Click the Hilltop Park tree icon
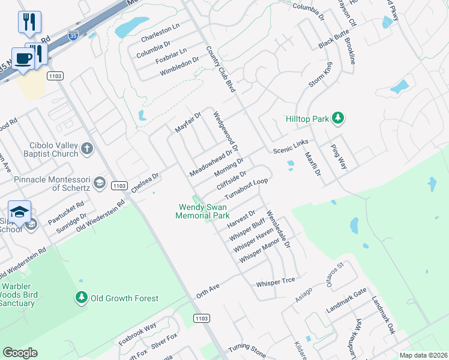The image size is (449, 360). tap(339, 118)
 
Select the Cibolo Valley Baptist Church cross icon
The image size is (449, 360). tap(87, 148)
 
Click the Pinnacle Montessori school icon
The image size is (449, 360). tap(99, 182)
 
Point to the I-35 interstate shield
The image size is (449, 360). tap(73, 36)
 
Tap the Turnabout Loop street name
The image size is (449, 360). tap(246, 190)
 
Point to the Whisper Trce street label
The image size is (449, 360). tap(276, 282)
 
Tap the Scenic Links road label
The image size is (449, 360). tap(291, 146)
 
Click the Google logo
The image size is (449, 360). tap(20, 353)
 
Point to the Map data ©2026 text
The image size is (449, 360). tap(423, 355)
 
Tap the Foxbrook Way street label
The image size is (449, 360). tap(137, 333)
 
